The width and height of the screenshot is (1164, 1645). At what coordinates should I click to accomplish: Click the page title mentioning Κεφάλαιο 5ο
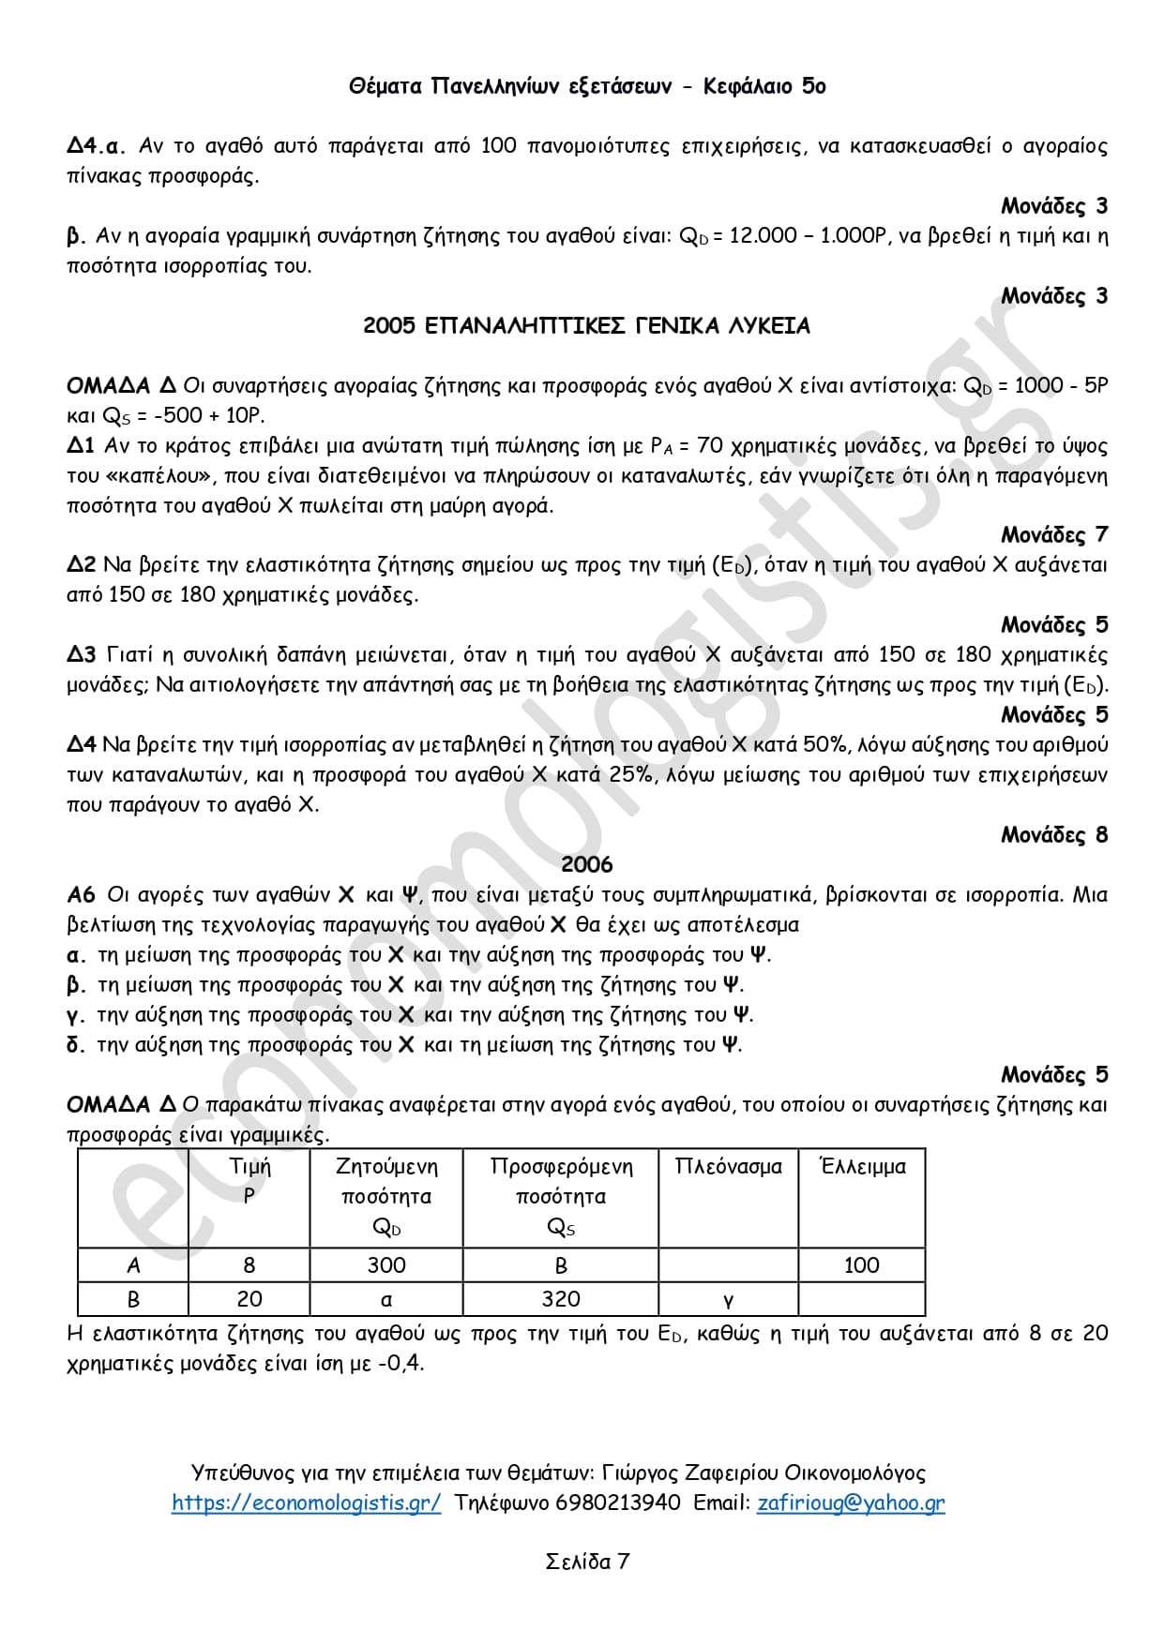587,86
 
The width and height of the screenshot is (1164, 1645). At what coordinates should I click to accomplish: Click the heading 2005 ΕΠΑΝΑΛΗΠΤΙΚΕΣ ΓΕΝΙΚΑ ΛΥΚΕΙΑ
586,326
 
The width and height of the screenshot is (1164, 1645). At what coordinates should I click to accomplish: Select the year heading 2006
586,864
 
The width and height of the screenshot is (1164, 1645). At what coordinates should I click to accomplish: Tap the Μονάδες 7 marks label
1054,535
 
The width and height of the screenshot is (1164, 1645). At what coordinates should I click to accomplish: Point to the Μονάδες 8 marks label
1054,835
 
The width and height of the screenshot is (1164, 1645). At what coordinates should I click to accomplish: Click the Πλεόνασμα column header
728,1167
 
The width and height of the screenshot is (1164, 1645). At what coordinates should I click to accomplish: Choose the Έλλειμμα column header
862,1167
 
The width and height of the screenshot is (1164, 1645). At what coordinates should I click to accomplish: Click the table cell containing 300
386,1265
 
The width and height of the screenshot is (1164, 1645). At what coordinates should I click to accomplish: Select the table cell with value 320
561,1299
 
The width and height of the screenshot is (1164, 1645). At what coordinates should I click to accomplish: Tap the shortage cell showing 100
861,1265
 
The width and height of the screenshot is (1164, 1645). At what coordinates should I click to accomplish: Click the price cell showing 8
249,1265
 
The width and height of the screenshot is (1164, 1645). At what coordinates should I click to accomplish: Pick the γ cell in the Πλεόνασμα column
728,1300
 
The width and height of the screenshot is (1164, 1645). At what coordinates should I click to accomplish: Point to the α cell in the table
386,1300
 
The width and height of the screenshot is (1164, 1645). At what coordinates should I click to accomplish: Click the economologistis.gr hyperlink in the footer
306,1503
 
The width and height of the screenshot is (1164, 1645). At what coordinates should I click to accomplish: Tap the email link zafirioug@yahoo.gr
851,1503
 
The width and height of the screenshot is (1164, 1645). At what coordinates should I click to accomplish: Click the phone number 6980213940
618,1503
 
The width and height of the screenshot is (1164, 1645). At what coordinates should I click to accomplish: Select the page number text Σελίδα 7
587,1562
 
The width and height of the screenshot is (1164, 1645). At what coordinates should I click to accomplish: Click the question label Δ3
82,655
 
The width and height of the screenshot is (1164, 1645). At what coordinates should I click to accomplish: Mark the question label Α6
82,895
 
